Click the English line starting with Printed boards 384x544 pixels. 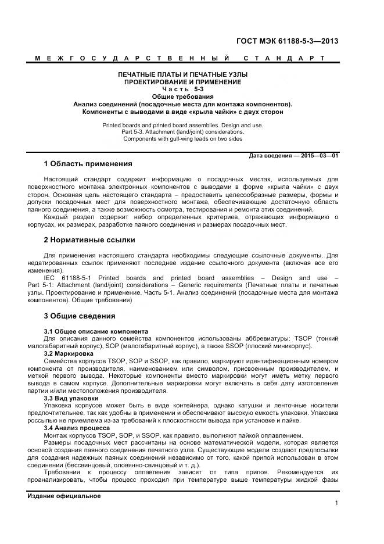(x=183, y=125)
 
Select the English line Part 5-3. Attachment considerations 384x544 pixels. (x=183, y=132)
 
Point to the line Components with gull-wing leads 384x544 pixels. (x=183, y=139)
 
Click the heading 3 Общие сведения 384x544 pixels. (x=80, y=316)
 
